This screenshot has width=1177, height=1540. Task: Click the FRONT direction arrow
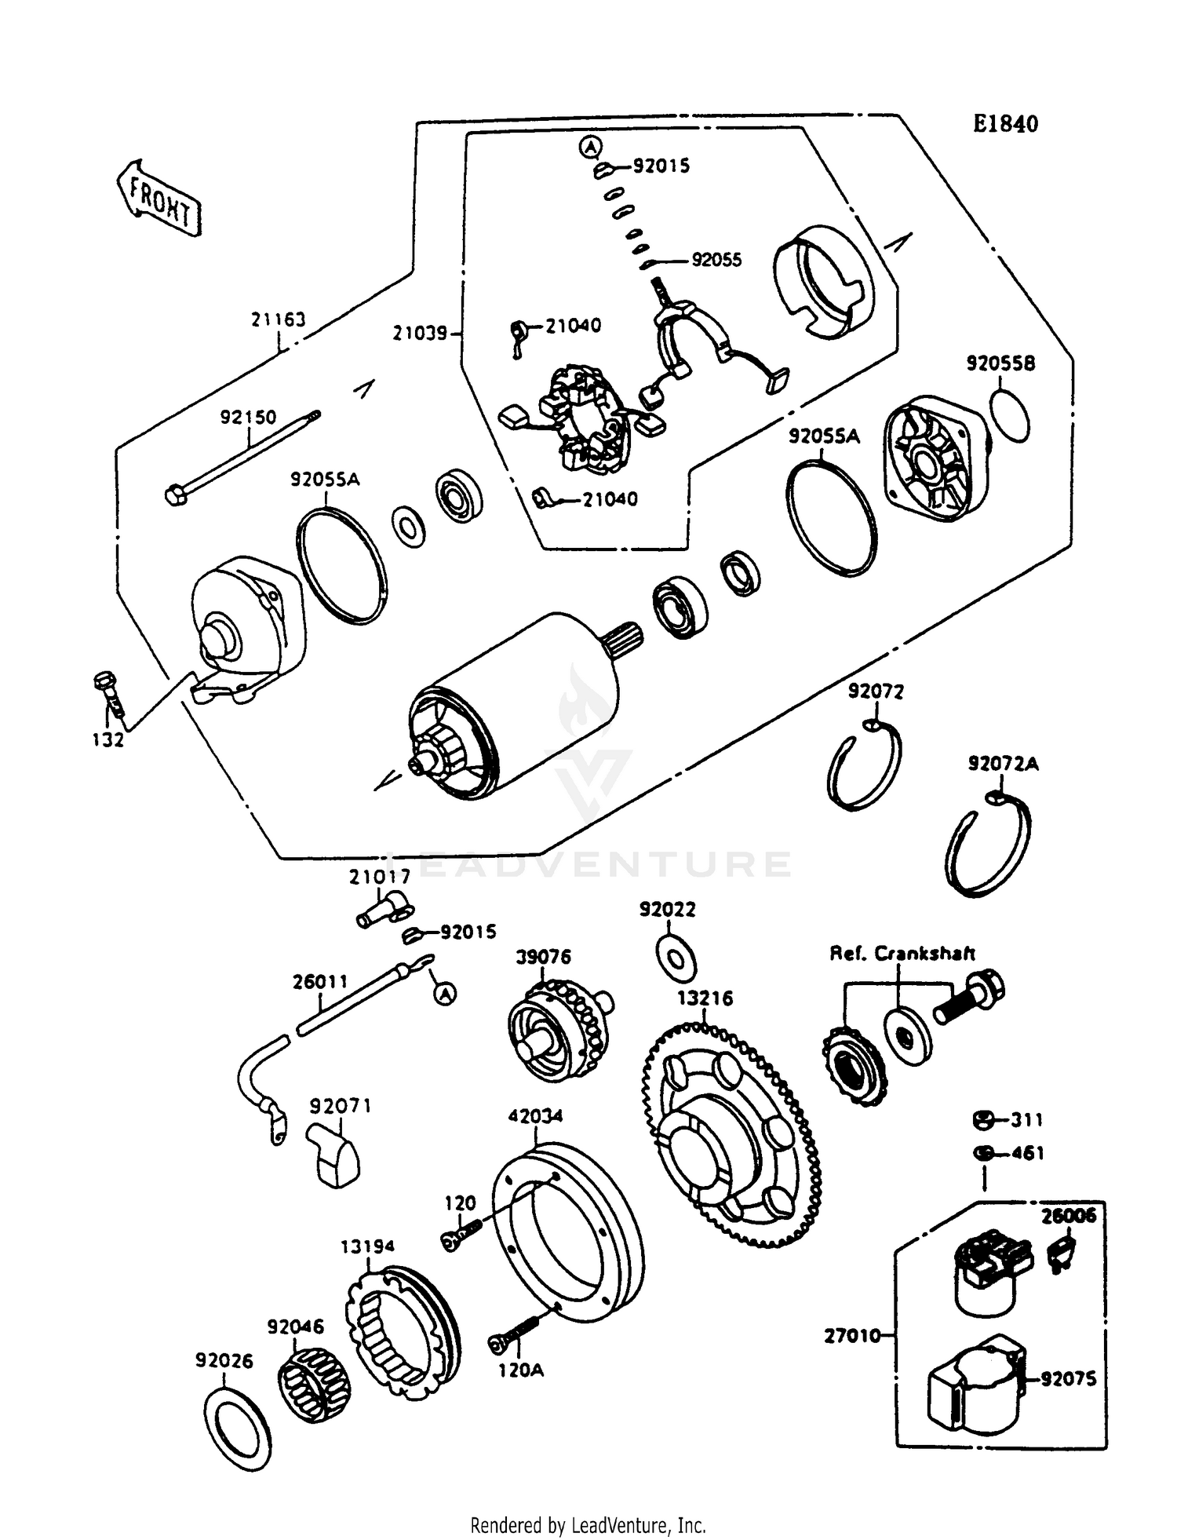point(159,199)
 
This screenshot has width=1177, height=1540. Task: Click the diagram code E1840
point(1005,123)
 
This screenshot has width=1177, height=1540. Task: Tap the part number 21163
point(278,320)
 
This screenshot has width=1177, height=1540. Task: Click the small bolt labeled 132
point(109,693)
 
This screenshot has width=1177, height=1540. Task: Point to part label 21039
point(420,334)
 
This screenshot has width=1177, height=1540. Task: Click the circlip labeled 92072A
point(987,846)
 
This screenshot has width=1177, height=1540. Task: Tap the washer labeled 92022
point(676,958)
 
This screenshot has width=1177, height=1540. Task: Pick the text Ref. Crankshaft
point(902,954)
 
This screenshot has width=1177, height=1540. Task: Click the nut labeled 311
point(982,1120)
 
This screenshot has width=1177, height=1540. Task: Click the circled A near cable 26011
point(445,994)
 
